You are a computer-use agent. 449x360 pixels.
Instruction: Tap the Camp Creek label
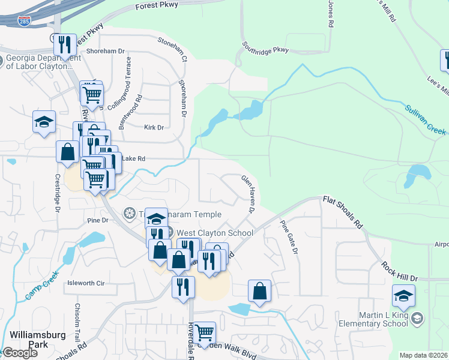point(38,286)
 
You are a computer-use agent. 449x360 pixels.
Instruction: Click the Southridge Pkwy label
point(265,47)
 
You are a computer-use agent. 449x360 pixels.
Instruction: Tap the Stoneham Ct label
point(172,49)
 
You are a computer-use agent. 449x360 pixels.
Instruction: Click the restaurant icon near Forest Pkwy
point(65,44)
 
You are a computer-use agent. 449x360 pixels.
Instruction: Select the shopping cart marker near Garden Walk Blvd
point(205,332)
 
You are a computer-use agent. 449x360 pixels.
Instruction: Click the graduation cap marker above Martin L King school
point(403,295)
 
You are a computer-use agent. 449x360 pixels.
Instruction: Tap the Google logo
point(20,353)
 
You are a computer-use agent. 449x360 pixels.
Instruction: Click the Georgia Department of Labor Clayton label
point(43,62)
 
